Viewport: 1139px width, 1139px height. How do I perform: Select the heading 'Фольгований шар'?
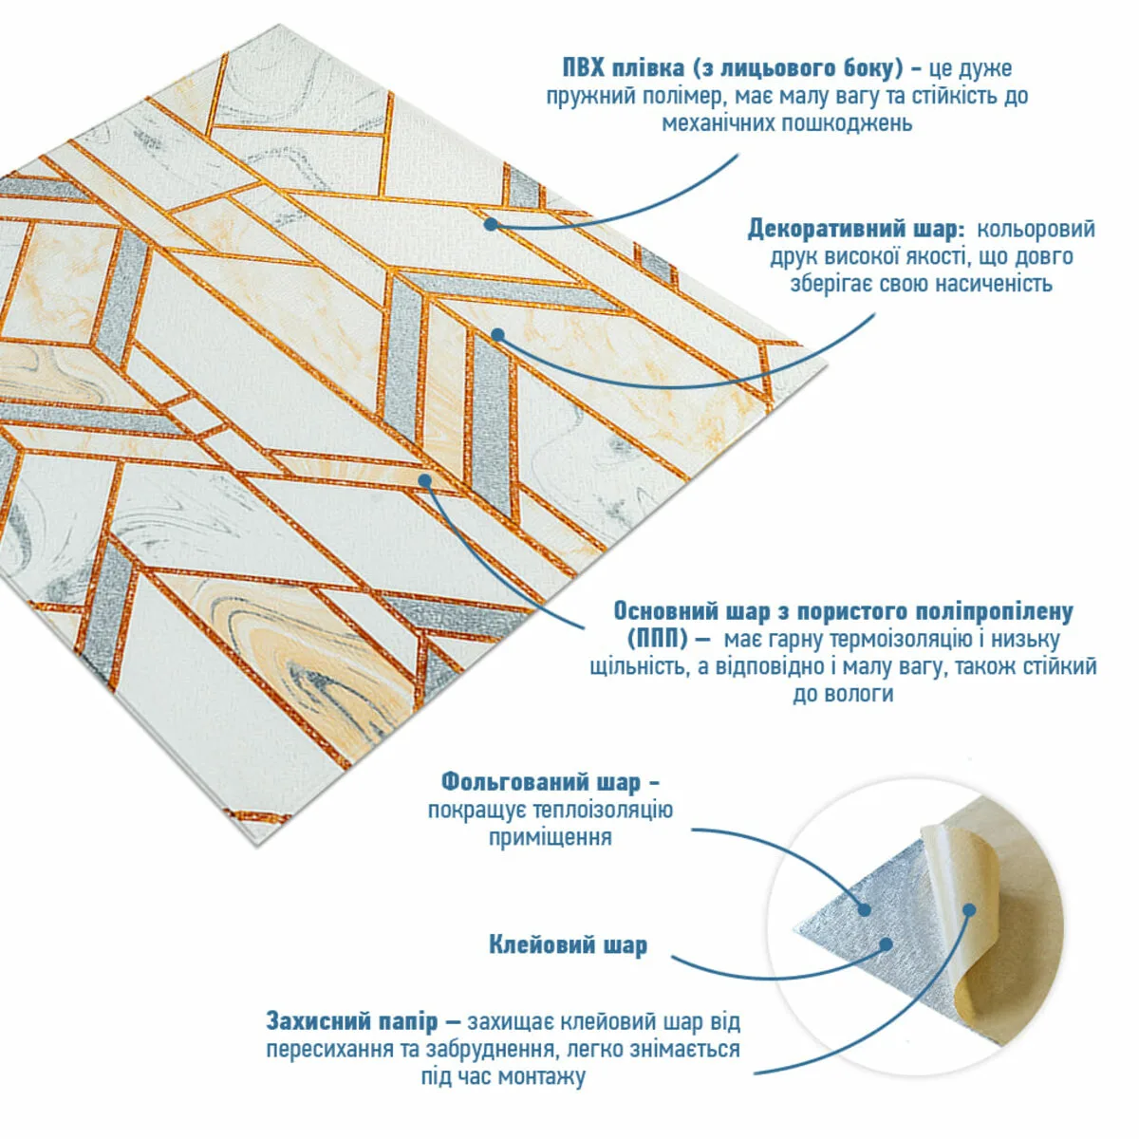pyautogui.click(x=541, y=782)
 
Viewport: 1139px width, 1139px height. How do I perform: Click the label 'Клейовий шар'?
pyautogui.click(x=568, y=945)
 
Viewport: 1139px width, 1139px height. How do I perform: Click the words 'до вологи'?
pyautogui.click(x=843, y=694)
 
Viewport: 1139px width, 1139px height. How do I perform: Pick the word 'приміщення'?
pyautogui.click(x=551, y=838)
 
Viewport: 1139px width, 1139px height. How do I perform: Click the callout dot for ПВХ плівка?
pyautogui.click(x=490, y=224)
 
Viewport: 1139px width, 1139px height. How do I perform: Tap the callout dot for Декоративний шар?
pyautogui.click(x=497, y=335)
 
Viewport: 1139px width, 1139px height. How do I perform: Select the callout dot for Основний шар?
pyautogui.click(x=425, y=480)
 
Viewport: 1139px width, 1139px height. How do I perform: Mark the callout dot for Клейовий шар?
pyautogui.click(x=886, y=943)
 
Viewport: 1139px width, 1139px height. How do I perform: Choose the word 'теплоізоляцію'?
pyautogui.click(x=602, y=811)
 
